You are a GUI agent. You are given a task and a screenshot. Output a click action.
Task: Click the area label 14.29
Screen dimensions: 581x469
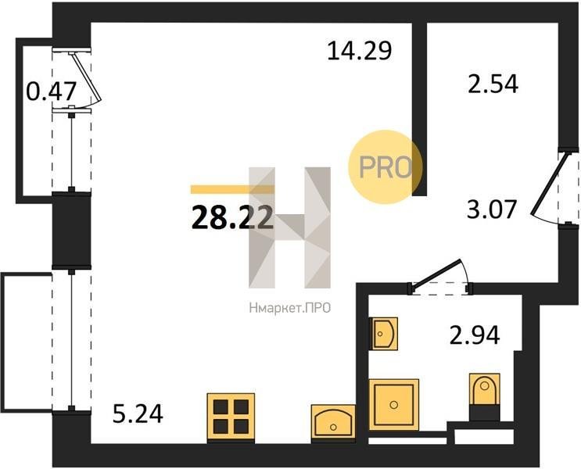click(x=360, y=51)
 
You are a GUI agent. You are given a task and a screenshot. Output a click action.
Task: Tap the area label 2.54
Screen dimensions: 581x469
click(x=493, y=84)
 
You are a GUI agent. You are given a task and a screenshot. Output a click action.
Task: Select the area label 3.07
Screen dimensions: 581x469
click(x=491, y=209)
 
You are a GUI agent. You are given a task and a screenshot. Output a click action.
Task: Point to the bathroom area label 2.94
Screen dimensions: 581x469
click(x=475, y=335)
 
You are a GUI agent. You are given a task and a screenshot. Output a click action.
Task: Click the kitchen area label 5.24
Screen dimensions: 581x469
click(x=138, y=414)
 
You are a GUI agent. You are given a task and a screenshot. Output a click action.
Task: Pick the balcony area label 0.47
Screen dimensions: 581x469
click(x=52, y=91)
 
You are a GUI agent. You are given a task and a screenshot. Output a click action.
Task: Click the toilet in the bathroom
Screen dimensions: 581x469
click(x=484, y=389)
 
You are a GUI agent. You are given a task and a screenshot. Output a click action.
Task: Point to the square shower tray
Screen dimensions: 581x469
click(x=394, y=405)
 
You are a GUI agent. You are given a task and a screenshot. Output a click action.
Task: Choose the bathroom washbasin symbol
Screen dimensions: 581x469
click(x=384, y=334)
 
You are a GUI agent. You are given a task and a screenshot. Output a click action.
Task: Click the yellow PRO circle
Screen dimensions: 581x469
click(x=386, y=166)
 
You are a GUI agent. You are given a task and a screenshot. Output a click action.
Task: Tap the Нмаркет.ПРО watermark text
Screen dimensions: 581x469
click(x=290, y=307)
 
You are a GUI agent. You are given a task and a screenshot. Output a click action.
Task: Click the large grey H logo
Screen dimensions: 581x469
click(x=290, y=227)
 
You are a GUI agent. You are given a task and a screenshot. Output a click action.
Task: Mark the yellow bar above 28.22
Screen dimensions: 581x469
click(x=233, y=189)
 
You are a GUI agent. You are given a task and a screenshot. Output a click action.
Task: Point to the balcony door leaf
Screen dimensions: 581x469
click(x=86, y=77)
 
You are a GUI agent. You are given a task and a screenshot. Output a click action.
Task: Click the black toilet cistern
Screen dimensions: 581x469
click(x=484, y=413)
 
